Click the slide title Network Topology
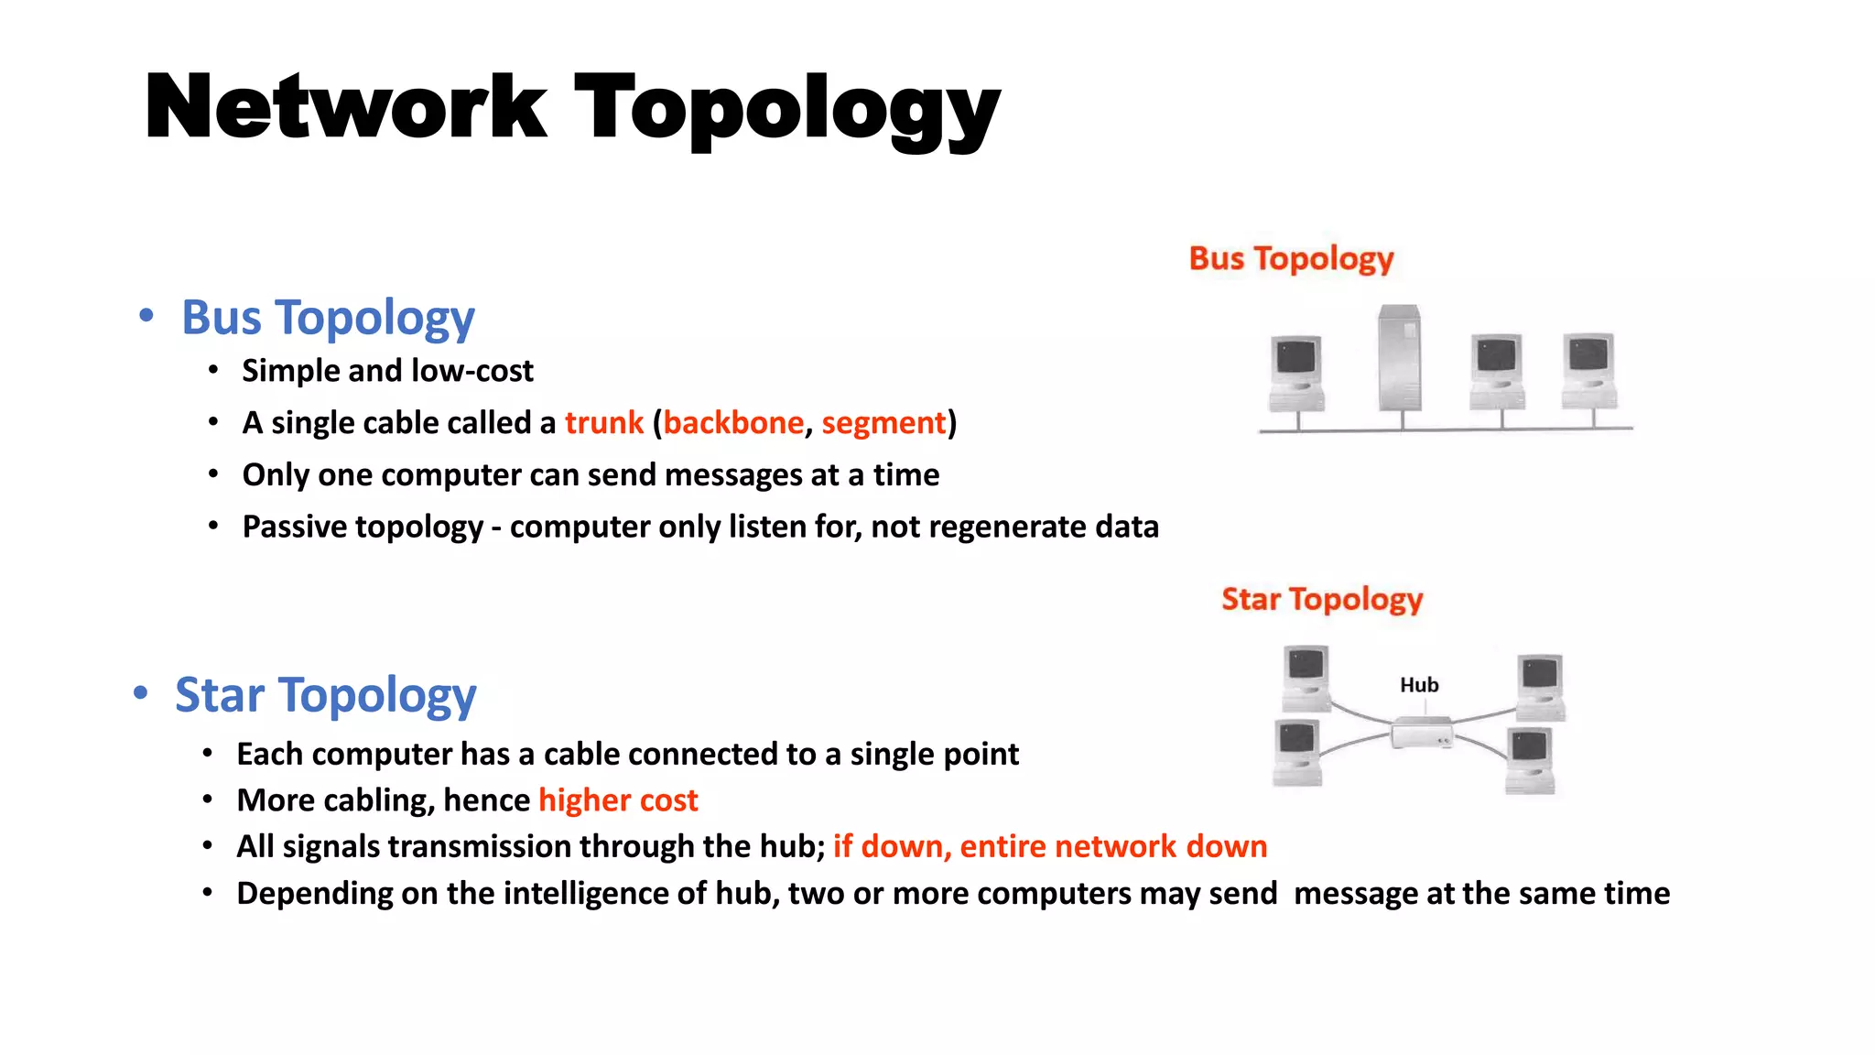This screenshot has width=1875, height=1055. click(x=572, y=108)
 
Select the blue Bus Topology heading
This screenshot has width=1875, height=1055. click(x=328, y=318)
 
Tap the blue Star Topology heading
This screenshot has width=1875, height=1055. click(x=325, y=695)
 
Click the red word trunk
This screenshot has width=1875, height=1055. click(x=604, y=423)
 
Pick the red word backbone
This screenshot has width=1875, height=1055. click(x=733, y=423)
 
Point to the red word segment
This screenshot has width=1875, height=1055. click(x=883, y=423)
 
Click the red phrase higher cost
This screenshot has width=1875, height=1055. click(x=618, y=800)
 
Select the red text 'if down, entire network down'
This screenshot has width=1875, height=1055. click(x=1050, y=847)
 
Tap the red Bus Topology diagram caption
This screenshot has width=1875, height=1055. click(x=1291, y=259)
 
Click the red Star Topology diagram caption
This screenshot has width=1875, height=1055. click(x=1322, y=600)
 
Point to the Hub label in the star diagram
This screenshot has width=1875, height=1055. click(x=1419, y=685)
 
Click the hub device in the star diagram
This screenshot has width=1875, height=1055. click(x=1421, y=733)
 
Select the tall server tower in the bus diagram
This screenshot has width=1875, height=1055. click(x=1400, y=358)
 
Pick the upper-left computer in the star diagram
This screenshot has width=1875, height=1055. click(x=1306, y=679)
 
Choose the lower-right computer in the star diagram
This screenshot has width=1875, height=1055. click(x=1531, y=761)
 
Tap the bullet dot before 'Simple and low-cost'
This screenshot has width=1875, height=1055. click(x=213, y=371)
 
